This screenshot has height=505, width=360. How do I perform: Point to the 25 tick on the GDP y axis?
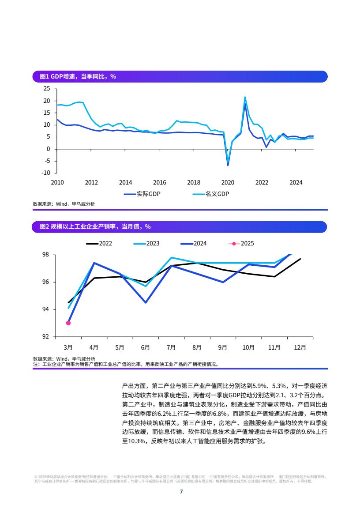pos(47,89)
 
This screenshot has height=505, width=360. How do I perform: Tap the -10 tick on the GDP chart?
pos(45,173)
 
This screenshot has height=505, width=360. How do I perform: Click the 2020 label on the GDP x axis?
pos(228,182)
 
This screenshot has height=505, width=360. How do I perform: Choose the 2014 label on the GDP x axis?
pos(125,182)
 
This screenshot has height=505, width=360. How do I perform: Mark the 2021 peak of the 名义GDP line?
pos(245,97)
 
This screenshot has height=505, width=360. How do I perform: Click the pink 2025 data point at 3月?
pos(68,323)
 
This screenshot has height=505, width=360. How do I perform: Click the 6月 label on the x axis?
pos(146,347)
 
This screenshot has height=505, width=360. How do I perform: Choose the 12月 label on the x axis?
pos(300,347)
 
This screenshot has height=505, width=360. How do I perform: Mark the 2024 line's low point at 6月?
pos(146,302)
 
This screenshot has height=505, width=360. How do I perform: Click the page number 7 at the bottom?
pos(180,491)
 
